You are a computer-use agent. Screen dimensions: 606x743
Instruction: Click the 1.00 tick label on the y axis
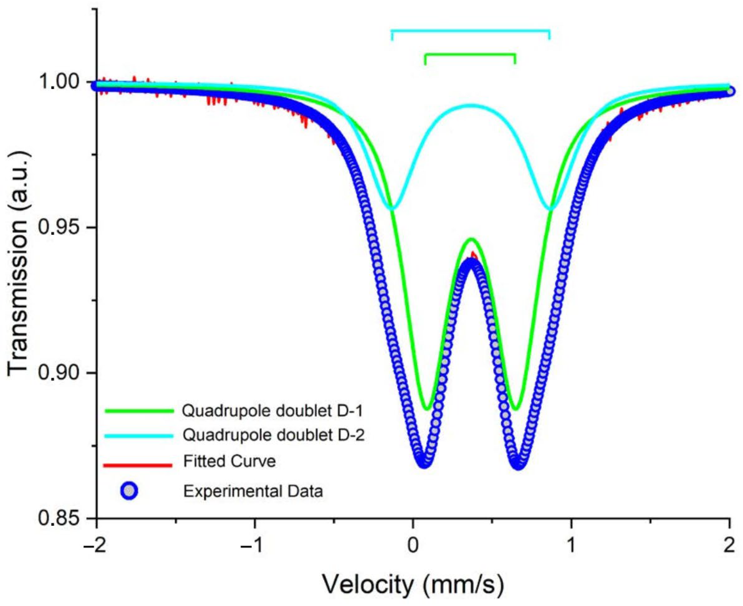[x=60, y=82]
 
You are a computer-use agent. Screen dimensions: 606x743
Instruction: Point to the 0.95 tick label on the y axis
[x=60, y=227]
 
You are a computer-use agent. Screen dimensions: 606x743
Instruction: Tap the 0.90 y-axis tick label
[x=60, y=372]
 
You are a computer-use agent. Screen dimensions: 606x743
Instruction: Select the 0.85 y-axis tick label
[x=60, y=518]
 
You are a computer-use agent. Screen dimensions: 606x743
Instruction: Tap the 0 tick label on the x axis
[x=413, y=546]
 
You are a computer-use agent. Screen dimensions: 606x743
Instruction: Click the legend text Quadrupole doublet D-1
[x=272, y=411]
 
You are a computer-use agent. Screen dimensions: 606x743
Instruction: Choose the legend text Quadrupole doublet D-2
[x=273, y=435]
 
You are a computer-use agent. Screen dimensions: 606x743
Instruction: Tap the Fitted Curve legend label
[x=229, y=461]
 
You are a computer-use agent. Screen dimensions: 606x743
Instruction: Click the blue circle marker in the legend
[x=129, y=491]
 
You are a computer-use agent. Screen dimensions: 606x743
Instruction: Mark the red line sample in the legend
[x=137, y=465]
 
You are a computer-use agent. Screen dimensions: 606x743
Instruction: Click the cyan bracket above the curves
[x=470, y=31]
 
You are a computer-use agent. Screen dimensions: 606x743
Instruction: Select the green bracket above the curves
[x=470, y=55]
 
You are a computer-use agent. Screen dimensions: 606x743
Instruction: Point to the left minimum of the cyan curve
[x=392, y=208]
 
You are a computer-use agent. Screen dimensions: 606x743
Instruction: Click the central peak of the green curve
[x=471, y=239]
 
